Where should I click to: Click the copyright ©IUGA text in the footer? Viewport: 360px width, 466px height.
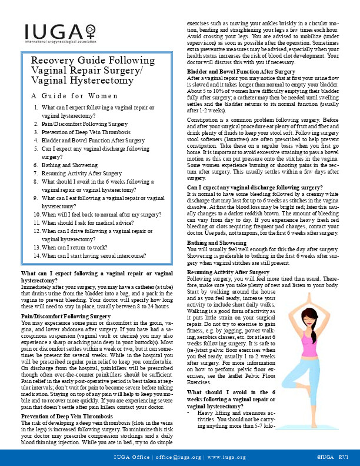[x=325, y=456]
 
